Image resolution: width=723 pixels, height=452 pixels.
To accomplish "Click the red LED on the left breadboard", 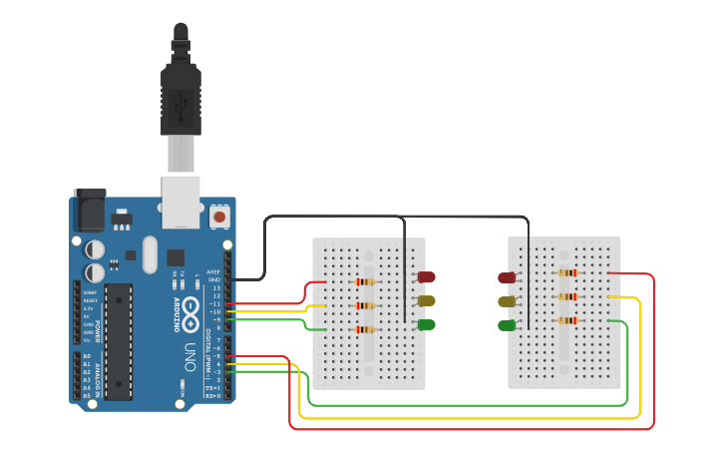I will coord(427,276).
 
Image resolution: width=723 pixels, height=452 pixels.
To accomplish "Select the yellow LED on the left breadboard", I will coord(427,300).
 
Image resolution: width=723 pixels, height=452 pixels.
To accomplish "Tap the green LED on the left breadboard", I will coord(427,324).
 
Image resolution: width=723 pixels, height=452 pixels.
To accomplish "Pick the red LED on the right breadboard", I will coord(507,277).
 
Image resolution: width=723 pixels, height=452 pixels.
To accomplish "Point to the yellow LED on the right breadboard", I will coord(507,301).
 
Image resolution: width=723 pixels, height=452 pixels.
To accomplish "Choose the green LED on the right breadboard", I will coord(507,325).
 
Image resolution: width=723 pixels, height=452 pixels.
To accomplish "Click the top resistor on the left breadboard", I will coord(366,282).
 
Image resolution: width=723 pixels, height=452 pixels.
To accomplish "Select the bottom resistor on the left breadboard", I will coord(366,330).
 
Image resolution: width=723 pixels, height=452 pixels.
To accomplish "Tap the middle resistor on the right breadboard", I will coord(567,296).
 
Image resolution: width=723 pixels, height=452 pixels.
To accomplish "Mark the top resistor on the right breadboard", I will coord(567,272).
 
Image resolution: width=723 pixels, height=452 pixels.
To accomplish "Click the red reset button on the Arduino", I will coord(219,215).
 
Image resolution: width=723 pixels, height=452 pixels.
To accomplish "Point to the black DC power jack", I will coord(90,211).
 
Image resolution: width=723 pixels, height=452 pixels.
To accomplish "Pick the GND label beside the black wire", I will coord(213,279).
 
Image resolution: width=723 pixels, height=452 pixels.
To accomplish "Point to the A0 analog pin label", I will coord(86,356).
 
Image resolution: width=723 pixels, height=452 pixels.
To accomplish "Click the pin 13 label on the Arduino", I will coord(214,287).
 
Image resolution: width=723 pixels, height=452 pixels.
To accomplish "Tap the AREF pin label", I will coord(212,271).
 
